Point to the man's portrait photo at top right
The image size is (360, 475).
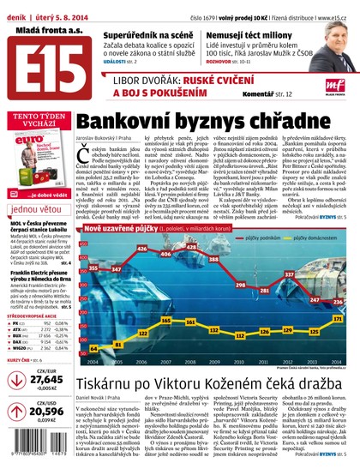coord(337,37)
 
